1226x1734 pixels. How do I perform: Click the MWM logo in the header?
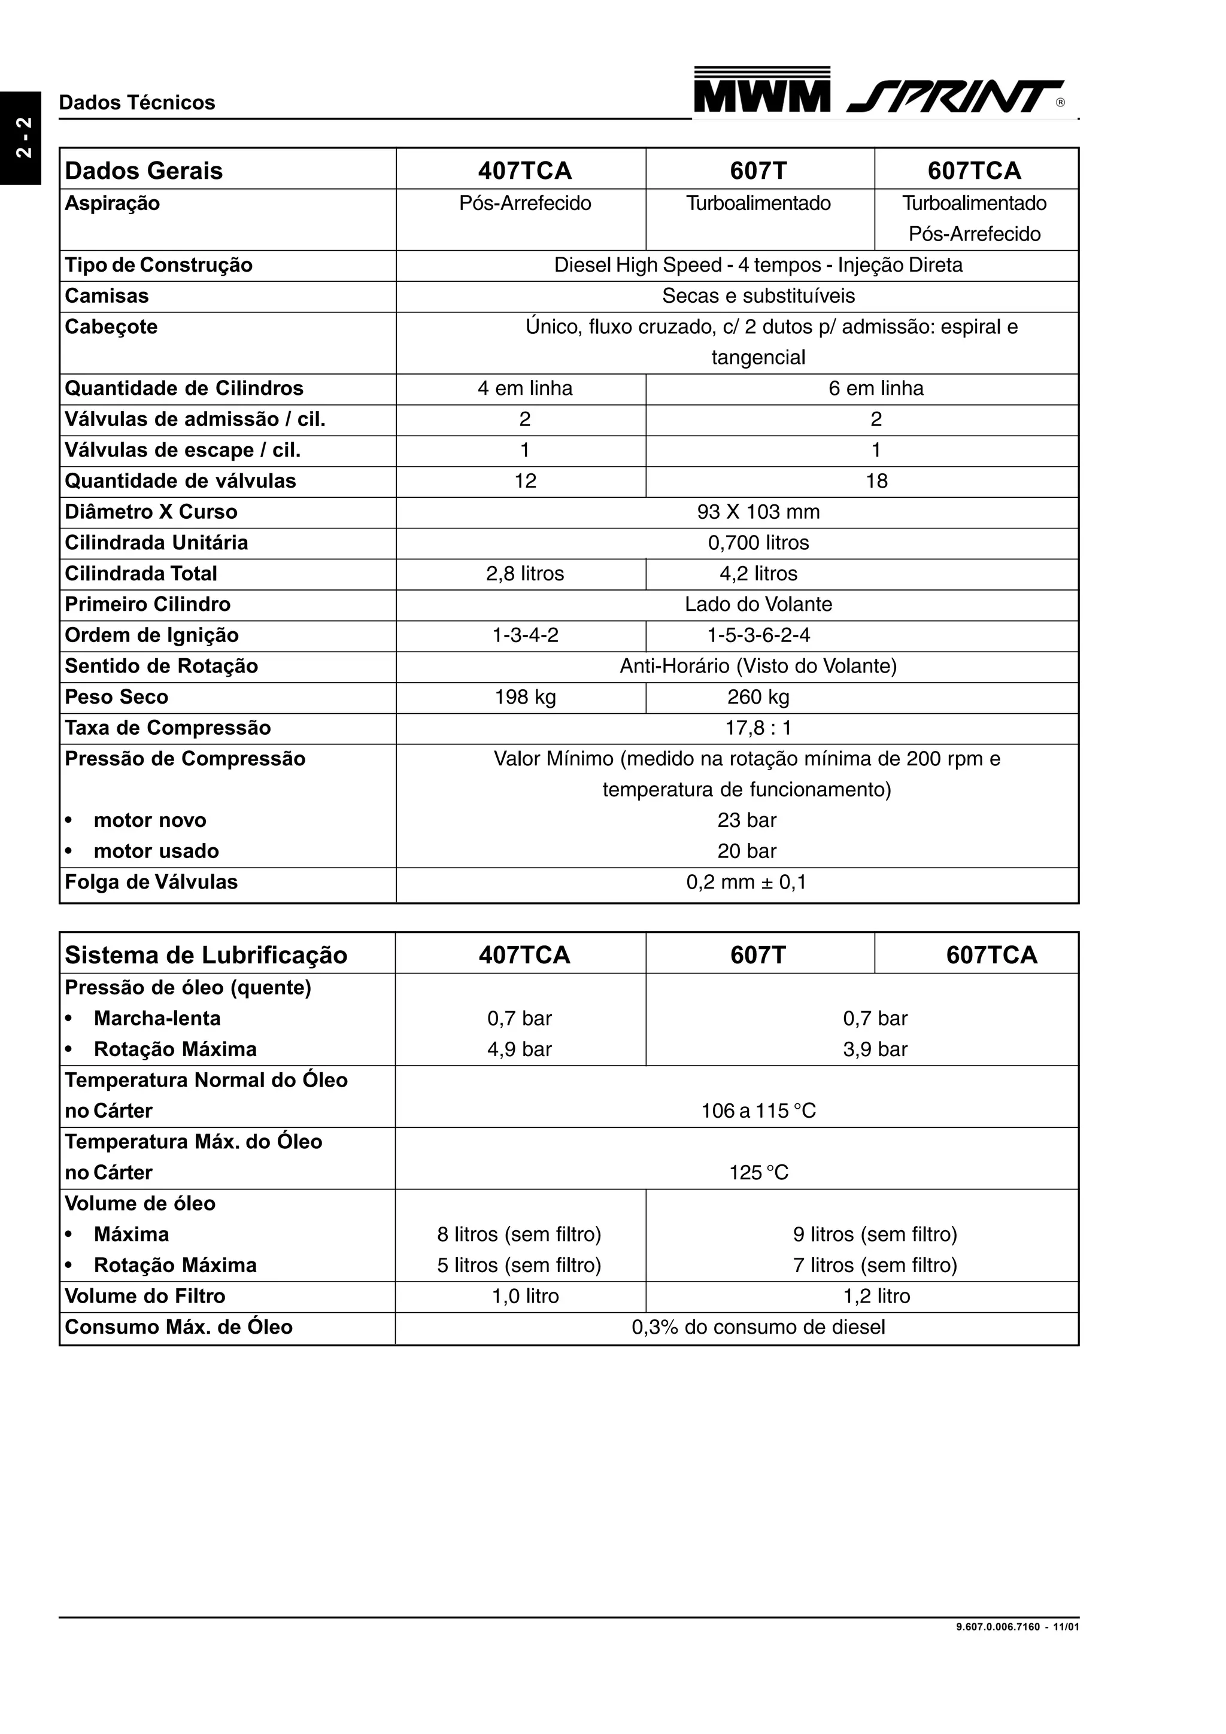click(x=761, y=90)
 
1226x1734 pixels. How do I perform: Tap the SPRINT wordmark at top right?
click(x=955, y=97)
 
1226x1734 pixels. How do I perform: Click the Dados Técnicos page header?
click(x=136, y=103)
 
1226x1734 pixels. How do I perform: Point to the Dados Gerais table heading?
click(x=144, y=171)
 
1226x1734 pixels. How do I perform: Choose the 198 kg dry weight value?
click(x=525, y=697)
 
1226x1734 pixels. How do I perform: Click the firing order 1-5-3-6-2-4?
click(x=758, y=635)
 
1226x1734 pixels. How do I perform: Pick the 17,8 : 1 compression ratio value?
click(x=758, y=728)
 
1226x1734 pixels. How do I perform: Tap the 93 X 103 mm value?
click(x=758, y=512)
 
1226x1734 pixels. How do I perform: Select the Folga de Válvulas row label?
click(x=151, y=882)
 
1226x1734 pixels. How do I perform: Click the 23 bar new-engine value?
click(x=746, y=820)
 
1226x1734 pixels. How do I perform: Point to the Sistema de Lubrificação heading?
click(x=205, y=956)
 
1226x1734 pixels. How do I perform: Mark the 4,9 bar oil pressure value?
click(x=520, y=1049)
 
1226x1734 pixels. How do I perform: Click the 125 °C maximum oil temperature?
click(x=758, y=1172)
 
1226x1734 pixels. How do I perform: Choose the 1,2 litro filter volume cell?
click(x=876, y=1296)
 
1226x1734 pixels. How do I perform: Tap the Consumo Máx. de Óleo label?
click(x=178, y=1327)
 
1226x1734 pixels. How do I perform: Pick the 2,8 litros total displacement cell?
click(x=525, y=574)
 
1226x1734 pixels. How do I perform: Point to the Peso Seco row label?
click(x=116, y=697)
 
